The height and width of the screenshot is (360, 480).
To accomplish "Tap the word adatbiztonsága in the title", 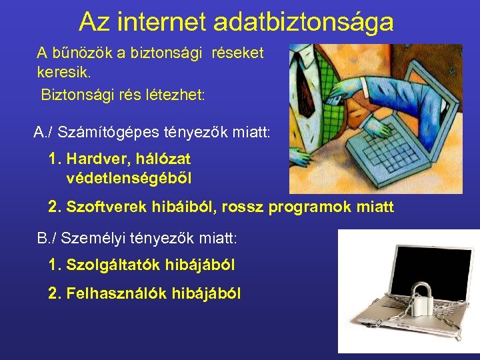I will tap(303, 22).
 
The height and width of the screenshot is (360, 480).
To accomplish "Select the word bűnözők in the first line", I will tap(80, 52).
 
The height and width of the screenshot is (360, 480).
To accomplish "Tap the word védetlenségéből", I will tap(129, 178).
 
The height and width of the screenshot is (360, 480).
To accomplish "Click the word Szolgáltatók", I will tap(109, 265).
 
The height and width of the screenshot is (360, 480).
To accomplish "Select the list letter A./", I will tap(43, 131).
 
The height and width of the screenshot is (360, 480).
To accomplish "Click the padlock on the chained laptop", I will tap(421, 299).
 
